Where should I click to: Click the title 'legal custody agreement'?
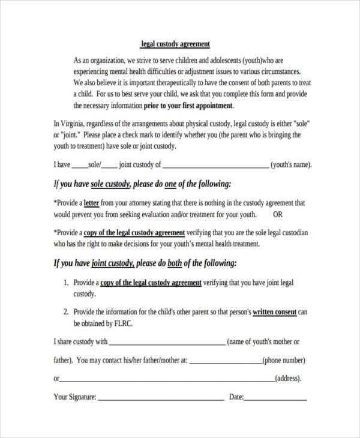pyautogui.click(x=175, y=44)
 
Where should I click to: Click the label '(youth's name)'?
pyautogui.click(x=291, y=164)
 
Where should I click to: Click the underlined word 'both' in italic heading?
pyautogui.click(x=175, y=263)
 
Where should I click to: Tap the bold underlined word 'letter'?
pyautogui.click(x=92, y=203)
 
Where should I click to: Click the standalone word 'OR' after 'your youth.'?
pyautogui.click(x=279, y=214)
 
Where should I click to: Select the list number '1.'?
pyautogui.click(x=66, y=282)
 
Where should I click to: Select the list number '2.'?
pyautogui.click(x=66, y=312)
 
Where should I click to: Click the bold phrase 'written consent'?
pyautogui.click(x=275, y=312)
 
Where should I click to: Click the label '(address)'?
pyautogui.click(x=288, y=379)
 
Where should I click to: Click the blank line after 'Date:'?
pyautogui.click(x=275, y=397)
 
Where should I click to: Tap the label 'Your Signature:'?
pyautogui.click(x=75, y=397)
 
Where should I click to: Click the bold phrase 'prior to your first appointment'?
pyautogui.click(x=188, y=105)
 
